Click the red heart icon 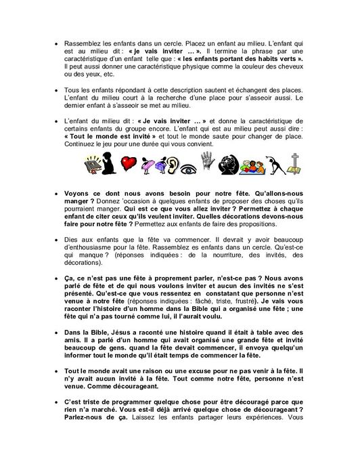[129, 163]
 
